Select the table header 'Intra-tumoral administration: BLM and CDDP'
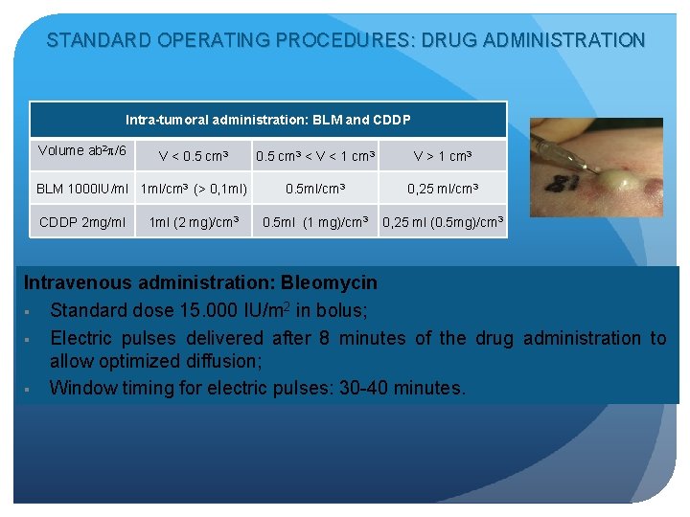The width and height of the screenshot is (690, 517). point(268,120)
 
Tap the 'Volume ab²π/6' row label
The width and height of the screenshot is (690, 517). point(81,150)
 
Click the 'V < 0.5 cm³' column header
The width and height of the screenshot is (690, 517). point(194,156)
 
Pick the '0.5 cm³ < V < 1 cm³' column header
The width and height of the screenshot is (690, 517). point(315,156)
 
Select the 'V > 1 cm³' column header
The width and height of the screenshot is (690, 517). point(443,156)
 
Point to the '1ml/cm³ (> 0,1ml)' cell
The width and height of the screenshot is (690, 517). point(194,189)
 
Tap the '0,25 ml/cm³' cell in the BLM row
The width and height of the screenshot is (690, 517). point(443,189)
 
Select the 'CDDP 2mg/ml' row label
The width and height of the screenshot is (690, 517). point(82,223)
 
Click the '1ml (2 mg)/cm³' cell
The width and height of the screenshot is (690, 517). point(194,223)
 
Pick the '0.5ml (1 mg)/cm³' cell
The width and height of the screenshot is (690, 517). point(315,223)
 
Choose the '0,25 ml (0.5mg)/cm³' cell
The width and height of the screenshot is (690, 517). point(443,223)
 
